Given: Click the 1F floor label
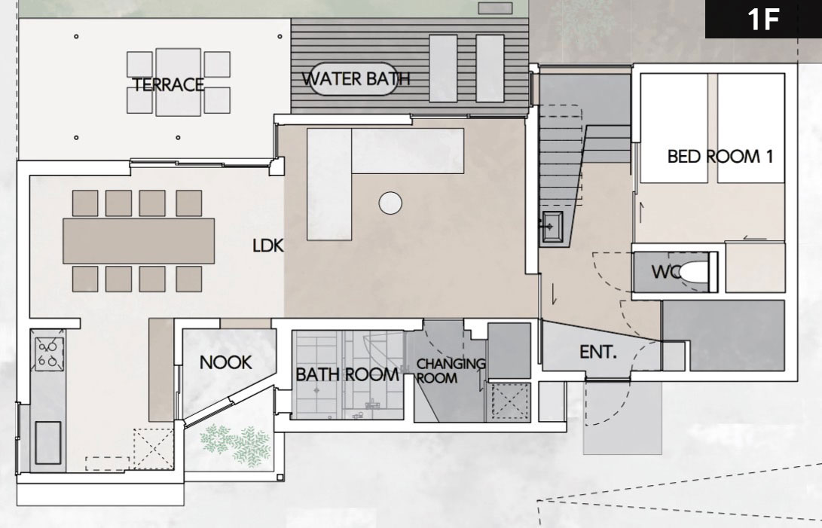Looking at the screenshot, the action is pos(763,20).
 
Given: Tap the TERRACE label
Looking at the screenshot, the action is pos(168,84).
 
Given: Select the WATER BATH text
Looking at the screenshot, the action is pos(356,78).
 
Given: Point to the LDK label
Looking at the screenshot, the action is pos(268,246).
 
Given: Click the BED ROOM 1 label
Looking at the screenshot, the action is pos(720,156).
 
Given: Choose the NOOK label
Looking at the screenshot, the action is pos(225,362).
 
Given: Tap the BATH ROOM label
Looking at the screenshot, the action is pos(347,374).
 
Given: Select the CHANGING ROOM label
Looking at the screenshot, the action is pos(451,370).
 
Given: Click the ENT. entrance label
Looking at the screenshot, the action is pos(598,352).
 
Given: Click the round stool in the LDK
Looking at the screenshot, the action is pos(390,203).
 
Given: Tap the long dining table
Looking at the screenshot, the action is pos(139,241).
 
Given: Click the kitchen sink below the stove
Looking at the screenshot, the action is pos(47,443).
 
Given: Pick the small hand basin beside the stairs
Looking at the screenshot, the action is pos(552,227).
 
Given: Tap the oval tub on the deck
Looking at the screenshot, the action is pos(353,79).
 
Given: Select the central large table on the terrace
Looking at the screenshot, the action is pos(179,82).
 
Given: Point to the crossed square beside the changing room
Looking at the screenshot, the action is pos(509,403).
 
